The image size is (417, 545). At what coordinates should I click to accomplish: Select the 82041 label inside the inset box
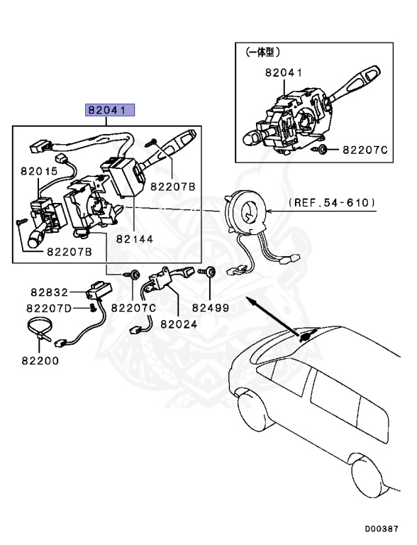(284, 72)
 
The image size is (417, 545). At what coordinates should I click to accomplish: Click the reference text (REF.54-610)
(332, 203)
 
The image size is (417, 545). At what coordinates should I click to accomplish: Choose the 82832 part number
(48, 292)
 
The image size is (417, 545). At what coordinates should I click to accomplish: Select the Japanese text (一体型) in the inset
(262, 53)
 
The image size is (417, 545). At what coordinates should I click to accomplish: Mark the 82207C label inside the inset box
(365, 150)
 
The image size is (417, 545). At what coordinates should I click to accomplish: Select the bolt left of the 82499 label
(211, 272)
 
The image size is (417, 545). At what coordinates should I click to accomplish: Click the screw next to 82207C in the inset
(324, 149)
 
